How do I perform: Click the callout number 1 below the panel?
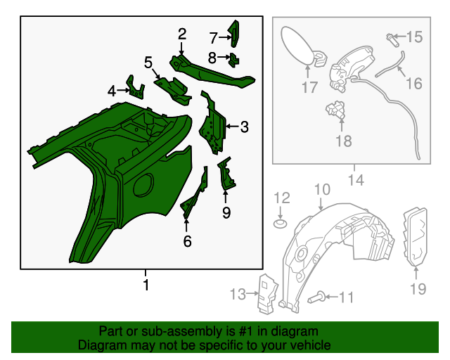146,285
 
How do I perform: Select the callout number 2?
181,34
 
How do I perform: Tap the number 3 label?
244,127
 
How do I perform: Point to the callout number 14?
356,180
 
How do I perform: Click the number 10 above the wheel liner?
321,189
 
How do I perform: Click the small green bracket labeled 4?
135,86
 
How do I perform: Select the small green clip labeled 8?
233,57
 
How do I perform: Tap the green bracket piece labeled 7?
235,32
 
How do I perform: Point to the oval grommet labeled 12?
280,224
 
